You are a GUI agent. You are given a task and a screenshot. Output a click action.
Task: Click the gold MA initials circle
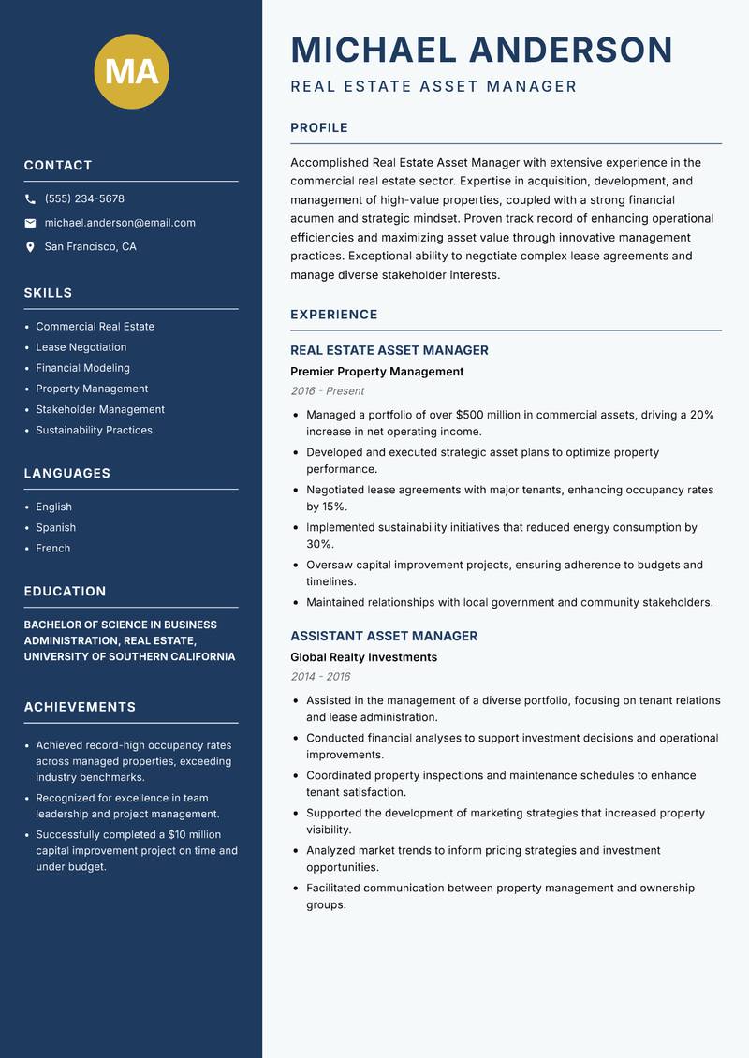(132, 71)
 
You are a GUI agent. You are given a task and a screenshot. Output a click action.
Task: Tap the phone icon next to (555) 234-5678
(30, 199)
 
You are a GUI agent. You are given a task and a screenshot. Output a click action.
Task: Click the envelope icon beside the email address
(30, 223)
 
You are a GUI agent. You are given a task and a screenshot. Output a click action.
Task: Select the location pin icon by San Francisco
(30, 247)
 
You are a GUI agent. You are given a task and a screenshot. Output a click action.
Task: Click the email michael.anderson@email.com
(120, 223)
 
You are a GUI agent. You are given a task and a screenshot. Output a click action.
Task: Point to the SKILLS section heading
(48, 293)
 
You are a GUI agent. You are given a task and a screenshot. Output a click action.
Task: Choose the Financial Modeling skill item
(82, 368)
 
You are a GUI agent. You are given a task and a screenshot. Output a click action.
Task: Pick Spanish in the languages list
(55, 527)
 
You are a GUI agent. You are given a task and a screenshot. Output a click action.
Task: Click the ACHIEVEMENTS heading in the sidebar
(80, 707)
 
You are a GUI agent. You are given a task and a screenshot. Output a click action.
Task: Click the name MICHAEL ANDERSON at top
(481, 50)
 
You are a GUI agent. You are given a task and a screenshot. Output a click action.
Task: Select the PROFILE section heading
(318, 128)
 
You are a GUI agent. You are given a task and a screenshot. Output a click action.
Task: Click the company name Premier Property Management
(376, 372)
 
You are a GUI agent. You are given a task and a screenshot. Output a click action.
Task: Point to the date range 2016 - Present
(327, 391)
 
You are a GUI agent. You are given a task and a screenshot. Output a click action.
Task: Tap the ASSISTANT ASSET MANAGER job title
(384, 636)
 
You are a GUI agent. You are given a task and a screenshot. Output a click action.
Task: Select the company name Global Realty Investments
(363, 657)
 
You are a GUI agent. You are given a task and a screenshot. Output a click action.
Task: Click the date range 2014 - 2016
(320, 677)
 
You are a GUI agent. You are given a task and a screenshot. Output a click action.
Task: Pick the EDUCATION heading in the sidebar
(65, 592)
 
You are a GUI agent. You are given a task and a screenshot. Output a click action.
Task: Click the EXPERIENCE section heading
(333, 315)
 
